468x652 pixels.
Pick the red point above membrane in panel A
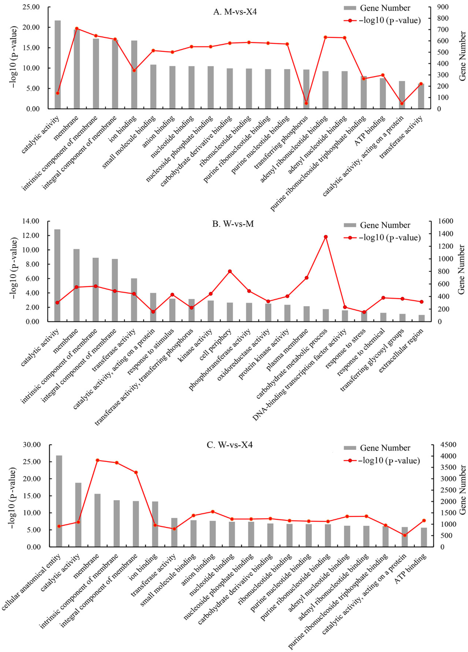pyautogui.click(x=77, y=28)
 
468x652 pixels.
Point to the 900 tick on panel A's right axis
pyautogui.click(x=443, y=7)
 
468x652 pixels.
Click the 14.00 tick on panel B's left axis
pyautogui.click(x=32, y=221)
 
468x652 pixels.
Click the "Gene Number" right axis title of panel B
pyautogui.click(x=461, y=269)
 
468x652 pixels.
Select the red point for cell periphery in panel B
pyautogui.click(x=230, y=271)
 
